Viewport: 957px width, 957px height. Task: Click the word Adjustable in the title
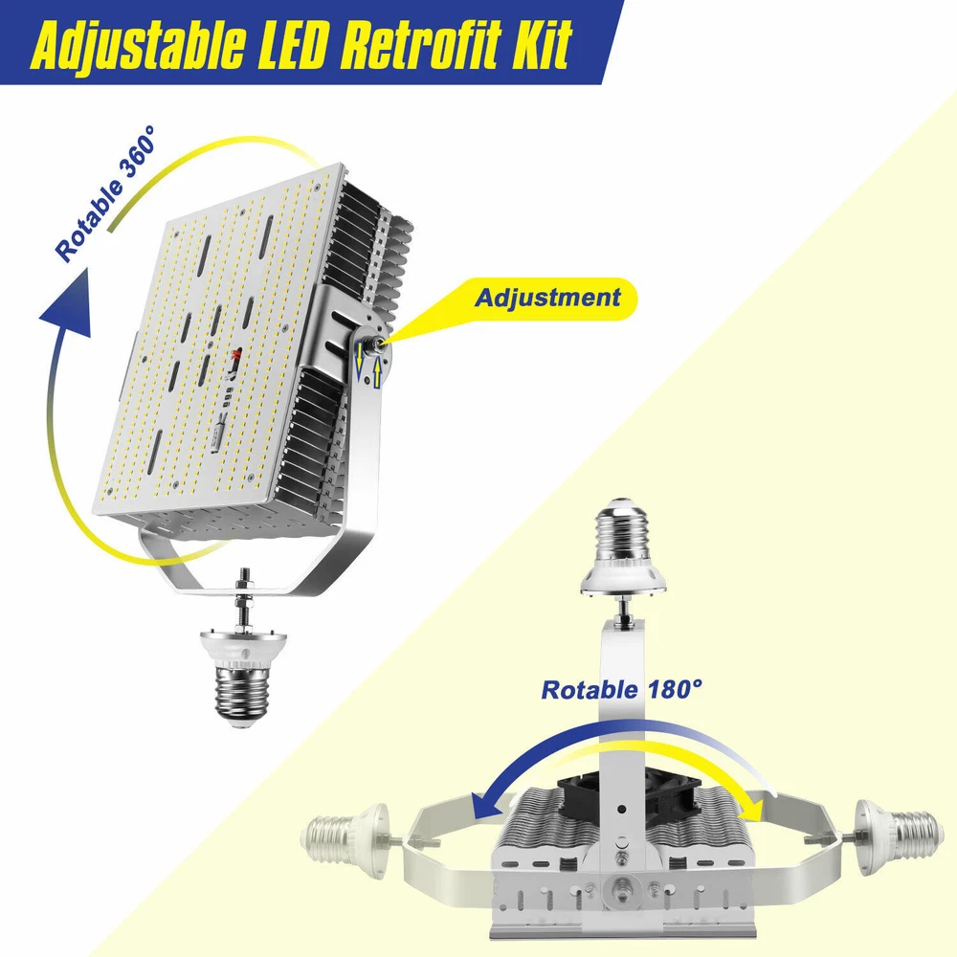click(138, 44)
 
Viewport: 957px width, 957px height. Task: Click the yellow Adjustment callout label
click(546, 298)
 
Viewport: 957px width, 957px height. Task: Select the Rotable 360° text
click(105, 193)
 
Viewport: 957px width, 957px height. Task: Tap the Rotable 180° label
click(621, 690)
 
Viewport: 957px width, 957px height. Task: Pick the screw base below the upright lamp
click(243, 680)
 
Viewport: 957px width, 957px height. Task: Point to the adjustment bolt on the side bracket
click(371, 343)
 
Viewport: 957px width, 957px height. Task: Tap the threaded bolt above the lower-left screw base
click(243, 601)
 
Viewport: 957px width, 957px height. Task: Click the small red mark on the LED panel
click(236, 355)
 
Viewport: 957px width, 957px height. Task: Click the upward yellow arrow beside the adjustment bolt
click(377, 372)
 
